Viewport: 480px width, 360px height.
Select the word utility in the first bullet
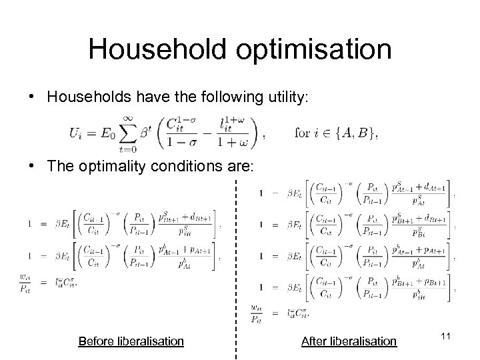click(x=283, y=97)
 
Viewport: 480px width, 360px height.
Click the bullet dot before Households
click(x=33, y=97)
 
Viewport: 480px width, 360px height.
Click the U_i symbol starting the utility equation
click(x=75, y=133)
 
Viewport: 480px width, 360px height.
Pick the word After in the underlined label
click(x=314, y=341)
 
